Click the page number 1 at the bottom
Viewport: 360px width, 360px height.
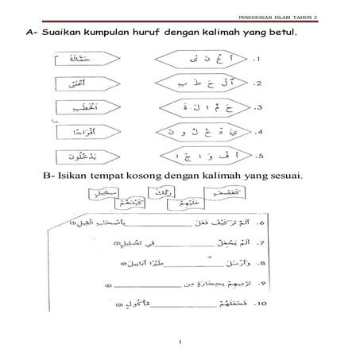coord(180,342)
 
